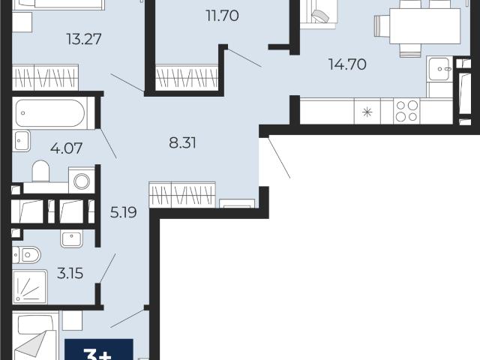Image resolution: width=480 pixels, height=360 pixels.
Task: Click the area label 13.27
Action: coord(83,39)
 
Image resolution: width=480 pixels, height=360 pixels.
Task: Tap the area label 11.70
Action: coord(223,16)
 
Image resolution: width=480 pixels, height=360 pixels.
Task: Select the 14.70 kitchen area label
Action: coord(347,64)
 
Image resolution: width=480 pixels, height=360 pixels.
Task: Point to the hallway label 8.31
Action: coord(182,142)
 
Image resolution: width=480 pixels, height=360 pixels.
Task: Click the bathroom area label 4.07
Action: coord(67,148)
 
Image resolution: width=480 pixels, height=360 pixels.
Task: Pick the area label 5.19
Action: coord(123,212)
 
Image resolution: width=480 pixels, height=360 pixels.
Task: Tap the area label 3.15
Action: coord(70,273)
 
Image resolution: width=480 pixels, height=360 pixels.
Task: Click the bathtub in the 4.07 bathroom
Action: coord(50,113)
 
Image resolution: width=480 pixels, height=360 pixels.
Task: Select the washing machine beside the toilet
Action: coord(82,181)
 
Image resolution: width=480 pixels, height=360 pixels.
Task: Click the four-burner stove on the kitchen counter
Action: coord(406,111)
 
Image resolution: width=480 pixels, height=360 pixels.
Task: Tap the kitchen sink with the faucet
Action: coord(439,69)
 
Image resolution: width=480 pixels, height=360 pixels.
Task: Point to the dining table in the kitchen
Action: coord(425,26)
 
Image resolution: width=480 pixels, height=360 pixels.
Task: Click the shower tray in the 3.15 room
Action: coord(30,286)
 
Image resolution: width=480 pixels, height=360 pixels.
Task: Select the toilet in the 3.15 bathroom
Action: coord(27,255)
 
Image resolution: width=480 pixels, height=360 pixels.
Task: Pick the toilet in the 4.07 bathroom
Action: coord(40,170)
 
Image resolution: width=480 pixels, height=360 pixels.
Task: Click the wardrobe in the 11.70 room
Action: coord(187,77)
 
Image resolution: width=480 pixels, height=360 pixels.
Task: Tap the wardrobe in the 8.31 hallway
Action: coord(182,194)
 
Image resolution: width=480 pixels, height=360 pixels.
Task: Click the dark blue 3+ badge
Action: coord(99,349)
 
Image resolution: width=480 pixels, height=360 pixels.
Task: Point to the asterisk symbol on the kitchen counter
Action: coord(367,112)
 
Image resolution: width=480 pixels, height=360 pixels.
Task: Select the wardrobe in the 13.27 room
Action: coord(45,77)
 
